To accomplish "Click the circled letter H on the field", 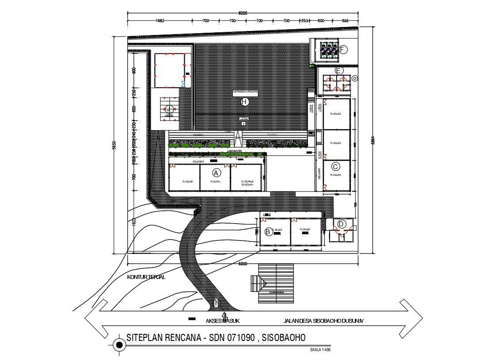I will (x=245, y=102).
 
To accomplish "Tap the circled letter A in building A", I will (x=216, y=172).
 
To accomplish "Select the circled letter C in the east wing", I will (x=336, y=166).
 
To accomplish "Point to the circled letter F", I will (x=344, y=50).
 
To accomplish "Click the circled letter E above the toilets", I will (x=339, y=70).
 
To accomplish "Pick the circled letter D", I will (x=341, y=224).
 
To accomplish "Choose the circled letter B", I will (x=268, y=232).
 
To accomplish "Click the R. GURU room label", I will (x=215, y=182).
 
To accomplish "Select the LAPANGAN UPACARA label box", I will (x=246, y=92).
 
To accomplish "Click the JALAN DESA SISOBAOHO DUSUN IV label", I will (x=322, y=319).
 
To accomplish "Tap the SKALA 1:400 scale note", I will (x=321, y=350).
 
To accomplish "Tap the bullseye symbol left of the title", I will (x=119, y=345).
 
